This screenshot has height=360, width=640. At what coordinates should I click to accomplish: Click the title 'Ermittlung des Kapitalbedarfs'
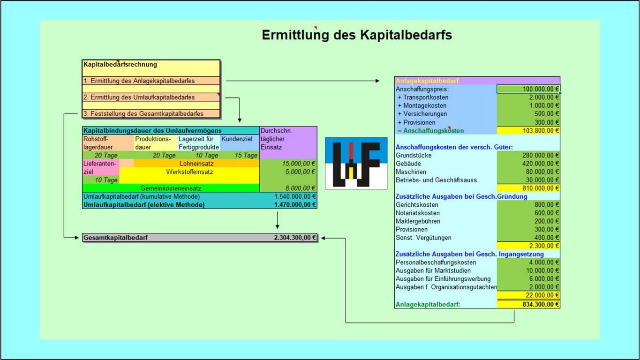tap(356, 35)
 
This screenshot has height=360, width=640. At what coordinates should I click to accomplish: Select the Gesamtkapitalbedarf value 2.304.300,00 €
tap(295, 238)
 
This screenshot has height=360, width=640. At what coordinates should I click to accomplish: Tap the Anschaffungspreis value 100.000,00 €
tap(528, 89)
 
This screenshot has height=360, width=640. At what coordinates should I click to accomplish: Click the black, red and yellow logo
tap(356, 163)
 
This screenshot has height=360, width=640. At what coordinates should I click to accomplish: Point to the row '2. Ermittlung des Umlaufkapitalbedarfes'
tap(139, 97)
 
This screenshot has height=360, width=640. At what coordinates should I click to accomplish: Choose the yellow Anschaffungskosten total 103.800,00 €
tap(528, 131)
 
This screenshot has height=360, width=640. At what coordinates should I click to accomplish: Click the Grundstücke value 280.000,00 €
tap(528, 156)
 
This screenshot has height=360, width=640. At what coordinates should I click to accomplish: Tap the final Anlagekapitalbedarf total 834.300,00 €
tap(528, 304)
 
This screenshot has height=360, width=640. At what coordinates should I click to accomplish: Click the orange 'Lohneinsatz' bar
tap(196, 164)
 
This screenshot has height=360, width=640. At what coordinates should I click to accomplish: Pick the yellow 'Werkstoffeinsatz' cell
tap(189, 172)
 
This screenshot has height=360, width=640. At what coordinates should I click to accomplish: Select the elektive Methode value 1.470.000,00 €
tap(295, 205)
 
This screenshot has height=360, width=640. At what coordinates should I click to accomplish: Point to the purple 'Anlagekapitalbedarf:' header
tap(477, 81)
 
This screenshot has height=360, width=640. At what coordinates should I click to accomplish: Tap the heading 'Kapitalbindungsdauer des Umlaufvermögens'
tap(152, 131)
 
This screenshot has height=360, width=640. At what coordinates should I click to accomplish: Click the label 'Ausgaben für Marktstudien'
tap(433, 270)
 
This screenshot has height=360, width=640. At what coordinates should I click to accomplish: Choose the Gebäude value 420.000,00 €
tap(528, 164)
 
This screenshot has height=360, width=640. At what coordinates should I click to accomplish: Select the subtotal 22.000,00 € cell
tap(528, 295)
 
